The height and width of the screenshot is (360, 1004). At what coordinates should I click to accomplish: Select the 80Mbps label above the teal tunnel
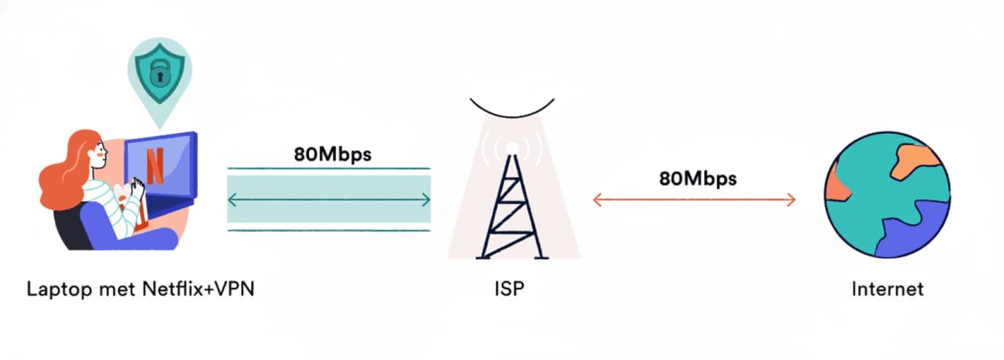coord(333,153)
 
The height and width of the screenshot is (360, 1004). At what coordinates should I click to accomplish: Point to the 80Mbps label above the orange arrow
coord(697,178)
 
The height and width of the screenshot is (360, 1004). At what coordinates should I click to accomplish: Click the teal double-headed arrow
coord(329,200)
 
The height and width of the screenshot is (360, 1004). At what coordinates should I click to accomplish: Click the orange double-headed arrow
coord(694,200)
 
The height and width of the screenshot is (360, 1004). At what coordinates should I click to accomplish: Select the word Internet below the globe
coord(887,289)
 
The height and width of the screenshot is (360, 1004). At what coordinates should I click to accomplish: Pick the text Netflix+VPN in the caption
coord(198,289)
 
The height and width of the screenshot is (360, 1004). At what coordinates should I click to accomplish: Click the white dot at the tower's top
coord(511,147)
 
